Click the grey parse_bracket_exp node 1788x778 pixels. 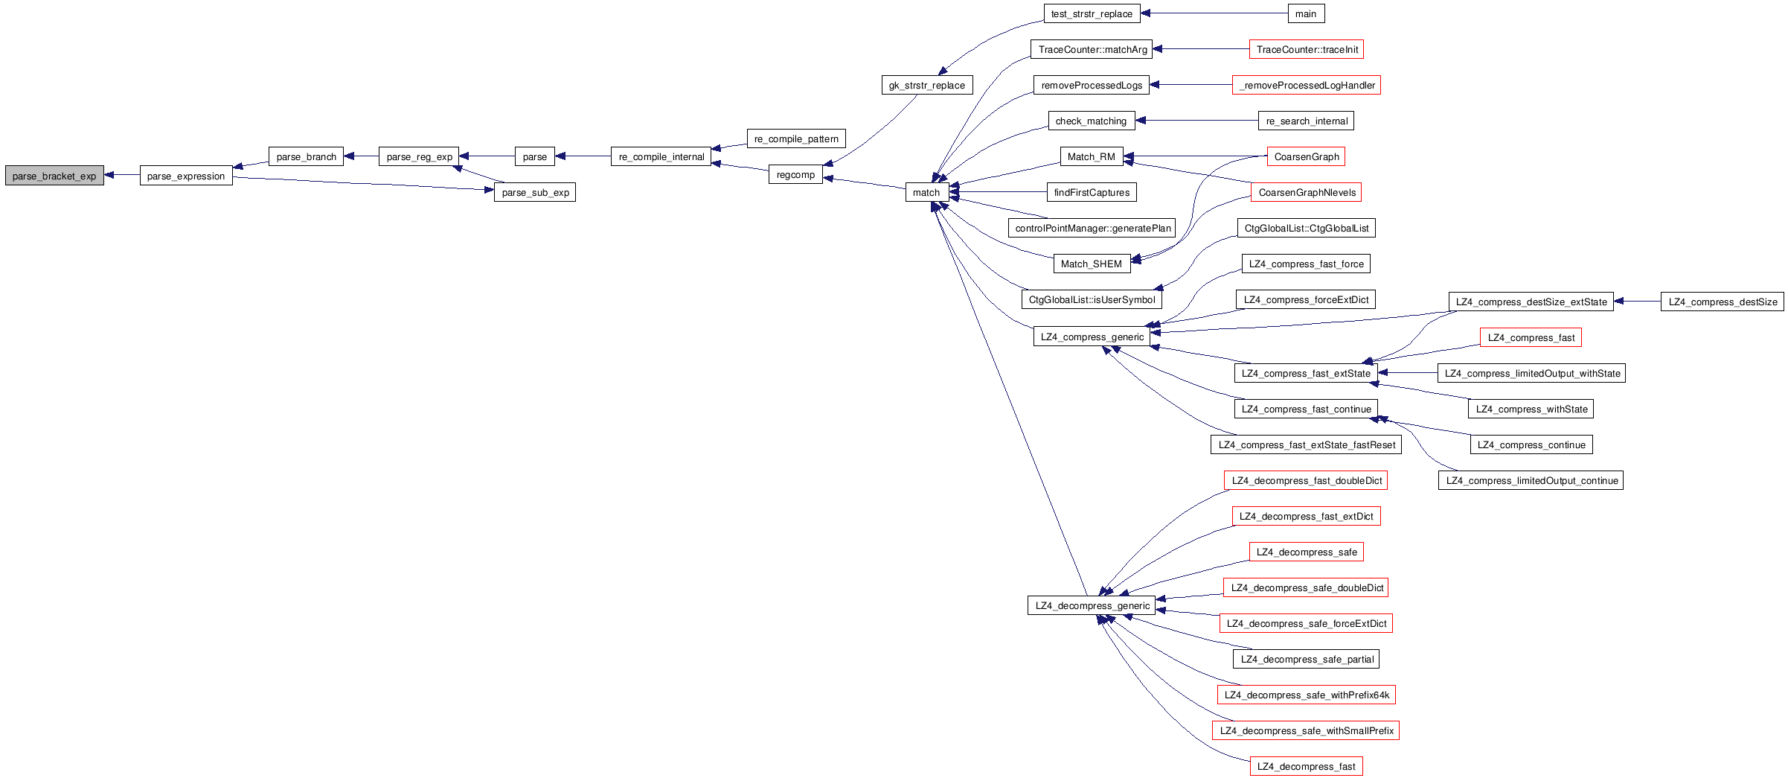coord(54,176)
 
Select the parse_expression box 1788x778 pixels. coord(186,176)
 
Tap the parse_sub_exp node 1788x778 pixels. coord(535,192)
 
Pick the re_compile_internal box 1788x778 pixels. coord(661,156)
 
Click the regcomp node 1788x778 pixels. coord(795,175)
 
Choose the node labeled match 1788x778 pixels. coord(926,192)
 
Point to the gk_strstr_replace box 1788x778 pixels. coord(926,85)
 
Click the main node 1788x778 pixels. coord(1306,13)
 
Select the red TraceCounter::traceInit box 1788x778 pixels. coord(1307,49)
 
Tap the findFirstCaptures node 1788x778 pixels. coord(1092,192)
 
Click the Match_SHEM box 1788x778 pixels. coord(1091,264)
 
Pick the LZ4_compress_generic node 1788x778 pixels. coord(1092,337)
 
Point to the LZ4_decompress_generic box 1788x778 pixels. coord(1092,605)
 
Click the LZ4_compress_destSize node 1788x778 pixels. coord(1722,302)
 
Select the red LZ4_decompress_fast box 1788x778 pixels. coord(1306,766)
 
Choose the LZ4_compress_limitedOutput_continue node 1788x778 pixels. coord(1531,480)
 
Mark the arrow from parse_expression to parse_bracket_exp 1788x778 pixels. coord(122,176)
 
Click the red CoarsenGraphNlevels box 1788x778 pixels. coord(1307,192)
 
